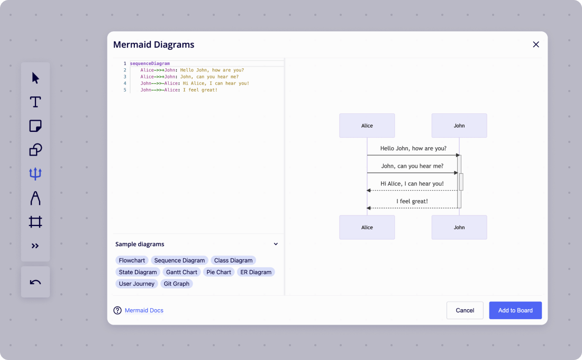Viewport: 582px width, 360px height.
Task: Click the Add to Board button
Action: [515, 310]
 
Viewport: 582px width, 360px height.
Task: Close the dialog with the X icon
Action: [536, 44]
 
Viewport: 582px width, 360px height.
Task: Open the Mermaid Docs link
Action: [144, 310]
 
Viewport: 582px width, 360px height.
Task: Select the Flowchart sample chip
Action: [132, 260]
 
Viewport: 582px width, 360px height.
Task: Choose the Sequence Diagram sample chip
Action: [179, 260]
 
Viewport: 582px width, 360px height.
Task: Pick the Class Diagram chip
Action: [233, 260]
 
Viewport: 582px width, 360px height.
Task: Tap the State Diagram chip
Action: [138, 272]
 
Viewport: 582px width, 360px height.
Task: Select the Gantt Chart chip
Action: [181, 272]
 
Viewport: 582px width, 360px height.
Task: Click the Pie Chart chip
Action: [219, 272]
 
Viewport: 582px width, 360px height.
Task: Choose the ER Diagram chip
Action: [256, 272]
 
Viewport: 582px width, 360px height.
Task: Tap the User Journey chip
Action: [137, 284]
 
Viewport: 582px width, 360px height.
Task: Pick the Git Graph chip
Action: [177, 284]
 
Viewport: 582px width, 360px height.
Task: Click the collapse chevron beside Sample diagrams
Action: [276, 244]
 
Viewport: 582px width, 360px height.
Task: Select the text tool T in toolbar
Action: [35, 102]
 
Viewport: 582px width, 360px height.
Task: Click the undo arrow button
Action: [35, 282]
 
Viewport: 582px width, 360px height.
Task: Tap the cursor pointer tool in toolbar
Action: [35, 78]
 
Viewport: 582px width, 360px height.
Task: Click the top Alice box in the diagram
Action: [367, 125]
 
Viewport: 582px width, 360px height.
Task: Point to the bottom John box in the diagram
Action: [459, 227]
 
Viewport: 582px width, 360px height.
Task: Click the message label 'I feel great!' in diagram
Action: [412, 201]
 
